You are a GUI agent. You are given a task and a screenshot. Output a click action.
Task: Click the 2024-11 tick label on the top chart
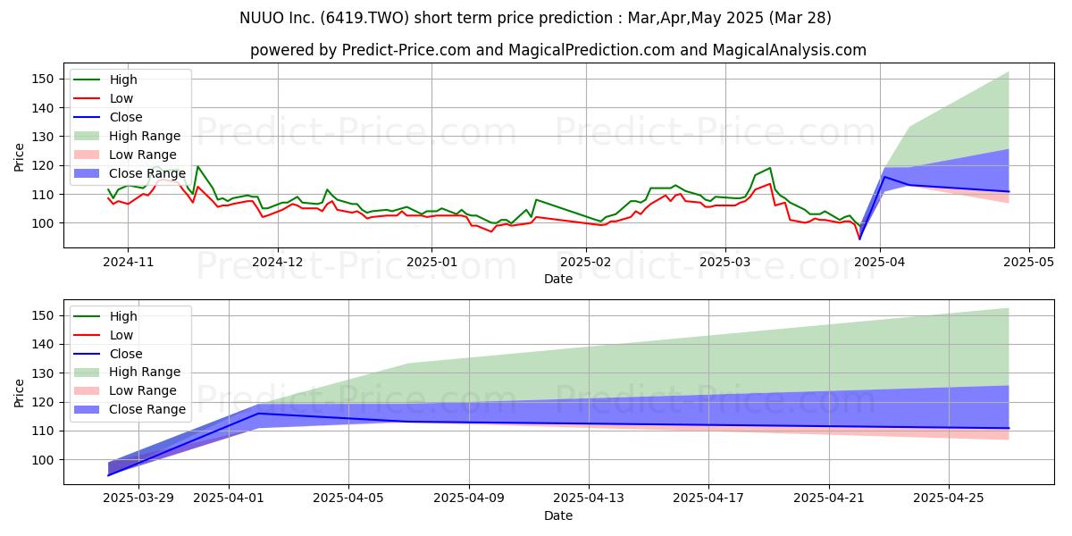tap(128, 262)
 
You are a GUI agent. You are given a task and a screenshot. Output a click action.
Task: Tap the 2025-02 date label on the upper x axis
tap(586, 262)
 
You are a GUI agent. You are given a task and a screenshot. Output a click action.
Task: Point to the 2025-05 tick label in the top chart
tap(1028, 262)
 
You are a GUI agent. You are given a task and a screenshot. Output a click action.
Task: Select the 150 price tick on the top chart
tap(42, 79)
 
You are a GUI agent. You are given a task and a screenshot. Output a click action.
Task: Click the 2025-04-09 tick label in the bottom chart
tap(469, 498)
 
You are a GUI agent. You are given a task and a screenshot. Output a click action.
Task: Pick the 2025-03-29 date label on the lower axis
tap(138, 498)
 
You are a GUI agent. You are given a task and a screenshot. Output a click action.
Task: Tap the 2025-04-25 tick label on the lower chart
tap(949, 498)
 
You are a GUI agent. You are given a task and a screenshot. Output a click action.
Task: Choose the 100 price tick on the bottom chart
tap(42, 460)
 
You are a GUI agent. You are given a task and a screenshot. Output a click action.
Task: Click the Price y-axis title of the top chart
tap(19, 157)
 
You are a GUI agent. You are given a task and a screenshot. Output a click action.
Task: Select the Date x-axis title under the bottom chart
tap(558, 515)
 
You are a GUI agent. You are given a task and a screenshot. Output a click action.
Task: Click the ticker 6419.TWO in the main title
tap(364, 18)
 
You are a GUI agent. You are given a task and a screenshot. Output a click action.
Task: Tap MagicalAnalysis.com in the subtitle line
tap(789, 50)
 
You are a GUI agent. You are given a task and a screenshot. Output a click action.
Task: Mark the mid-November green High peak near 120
tap(197, 166)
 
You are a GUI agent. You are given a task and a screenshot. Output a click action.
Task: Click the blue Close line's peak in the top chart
tap(884, 177)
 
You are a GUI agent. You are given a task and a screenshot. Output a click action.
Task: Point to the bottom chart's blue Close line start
tap(108, 475)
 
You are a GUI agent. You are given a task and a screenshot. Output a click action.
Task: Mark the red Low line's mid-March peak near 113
tap(770, 184)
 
